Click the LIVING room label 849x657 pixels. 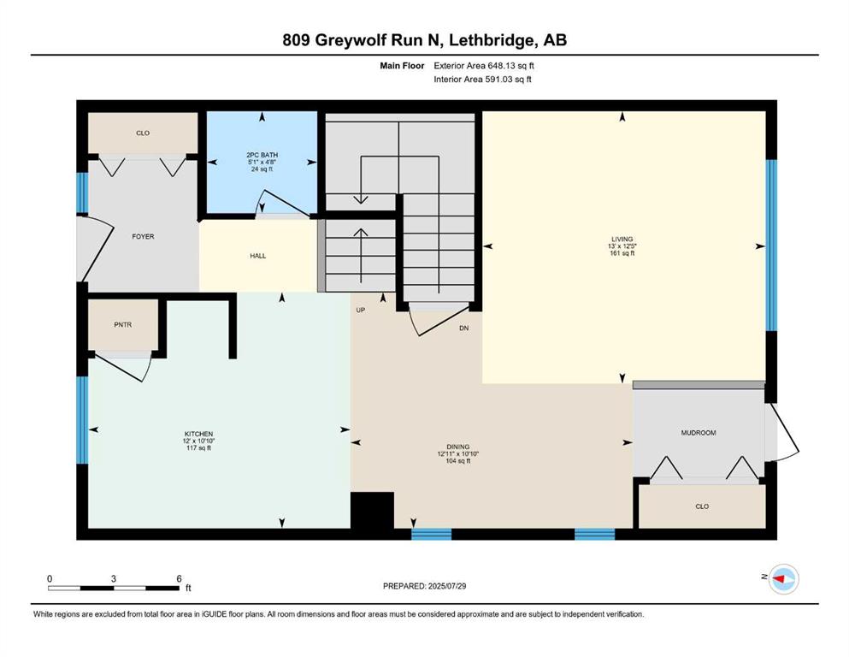click(622, 239)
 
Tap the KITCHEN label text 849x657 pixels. click(198, 434)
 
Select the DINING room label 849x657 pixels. click(458, 447)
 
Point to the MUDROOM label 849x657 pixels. click(699, 433)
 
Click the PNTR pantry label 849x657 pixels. click(123, 324)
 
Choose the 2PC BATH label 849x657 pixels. click(262, 155)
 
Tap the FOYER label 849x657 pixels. click(143, 236)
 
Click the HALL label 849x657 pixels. click(257, 256)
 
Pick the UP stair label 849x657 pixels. click(361, 310)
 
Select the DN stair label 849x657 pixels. click(464, 328)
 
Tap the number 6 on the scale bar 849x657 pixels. click(180, 578)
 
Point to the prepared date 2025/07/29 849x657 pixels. click(446, 586)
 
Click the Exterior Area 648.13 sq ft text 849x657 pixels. click(484, 66)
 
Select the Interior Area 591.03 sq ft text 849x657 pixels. click(482, 79)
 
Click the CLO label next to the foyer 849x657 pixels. click(143, 133)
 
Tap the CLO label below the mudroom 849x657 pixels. click(702, 506)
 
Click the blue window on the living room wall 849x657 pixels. click(771, 245)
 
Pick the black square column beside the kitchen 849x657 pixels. click(372, 510)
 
